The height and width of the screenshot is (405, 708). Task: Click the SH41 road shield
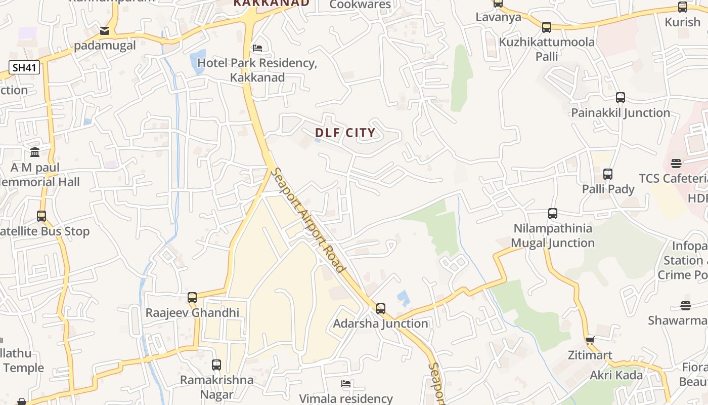click(x=24, y=67)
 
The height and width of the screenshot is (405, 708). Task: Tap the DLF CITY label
click(x=346, y=133)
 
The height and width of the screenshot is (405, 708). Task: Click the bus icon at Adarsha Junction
click(x=381, y=308)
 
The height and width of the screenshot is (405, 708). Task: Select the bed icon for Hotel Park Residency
click(x=257, y=49)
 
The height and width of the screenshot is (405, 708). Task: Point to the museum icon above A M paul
click(x=35, y=152)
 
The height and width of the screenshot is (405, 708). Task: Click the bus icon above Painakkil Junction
click(x=621, y=98)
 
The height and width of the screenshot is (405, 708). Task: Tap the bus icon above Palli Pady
click(x=608, y=174)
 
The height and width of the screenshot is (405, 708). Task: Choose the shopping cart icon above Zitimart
click(x=590, y=340)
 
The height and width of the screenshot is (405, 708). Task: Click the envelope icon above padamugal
click(x=105, y=31)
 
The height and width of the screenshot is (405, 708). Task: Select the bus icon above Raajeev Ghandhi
click(x=192, y=298)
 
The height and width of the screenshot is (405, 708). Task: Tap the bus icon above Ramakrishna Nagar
click(x=216, y=364)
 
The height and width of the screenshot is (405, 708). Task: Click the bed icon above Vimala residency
click(x=346, y=384)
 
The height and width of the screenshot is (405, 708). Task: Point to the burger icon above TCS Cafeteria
click(x=676, y=164)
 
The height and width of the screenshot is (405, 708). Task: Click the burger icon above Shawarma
click(x=686, y=306)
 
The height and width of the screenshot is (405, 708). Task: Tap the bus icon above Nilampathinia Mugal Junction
click(x=553, y=214)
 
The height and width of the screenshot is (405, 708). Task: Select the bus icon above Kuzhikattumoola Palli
click(x=547, y=27)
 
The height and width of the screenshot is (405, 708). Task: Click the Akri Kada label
click(x=616, y=375)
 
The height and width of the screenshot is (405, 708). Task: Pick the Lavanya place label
click(x=498, y=17)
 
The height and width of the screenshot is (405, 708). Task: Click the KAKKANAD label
click(x=271, y=3)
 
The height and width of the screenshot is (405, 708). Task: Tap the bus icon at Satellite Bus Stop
click(x=41, y=216)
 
